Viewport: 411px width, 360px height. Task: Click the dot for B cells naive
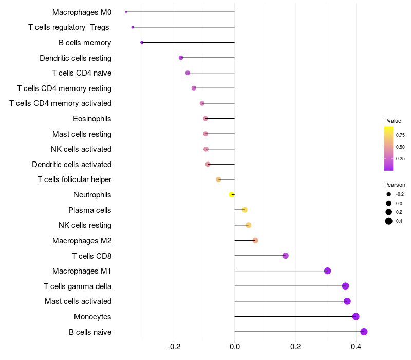364,332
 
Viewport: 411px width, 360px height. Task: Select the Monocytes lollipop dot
356,317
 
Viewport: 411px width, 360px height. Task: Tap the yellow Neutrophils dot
232,195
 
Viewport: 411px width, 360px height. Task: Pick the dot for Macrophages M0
126,12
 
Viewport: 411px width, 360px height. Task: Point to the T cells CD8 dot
285,256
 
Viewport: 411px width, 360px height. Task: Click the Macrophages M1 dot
327,271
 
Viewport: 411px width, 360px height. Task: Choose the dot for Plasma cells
245,210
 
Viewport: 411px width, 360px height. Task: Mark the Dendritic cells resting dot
181,58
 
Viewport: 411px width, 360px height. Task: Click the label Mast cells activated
78,301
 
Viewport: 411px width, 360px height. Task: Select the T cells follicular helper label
74,179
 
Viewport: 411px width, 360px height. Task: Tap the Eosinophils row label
92,119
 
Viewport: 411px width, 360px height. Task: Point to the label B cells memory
85,43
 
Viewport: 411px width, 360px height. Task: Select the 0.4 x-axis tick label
356,346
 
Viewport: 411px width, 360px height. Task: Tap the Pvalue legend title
393,121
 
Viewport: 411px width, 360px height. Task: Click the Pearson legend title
395,185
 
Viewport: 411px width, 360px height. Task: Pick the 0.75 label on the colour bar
400,135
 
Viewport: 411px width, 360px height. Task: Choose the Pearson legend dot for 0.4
389,221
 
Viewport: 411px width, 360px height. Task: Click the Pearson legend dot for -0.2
389,194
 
